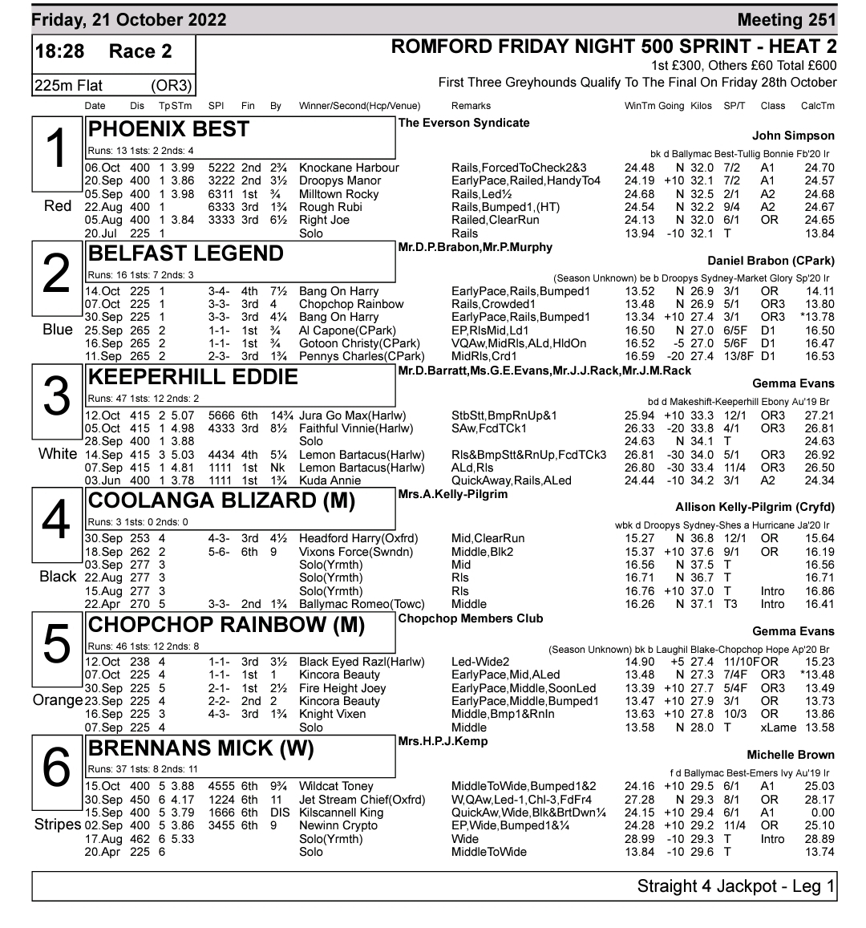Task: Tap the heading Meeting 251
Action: [787, 20]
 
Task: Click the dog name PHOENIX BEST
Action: [168, 130]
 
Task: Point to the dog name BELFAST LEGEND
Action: [185, 254]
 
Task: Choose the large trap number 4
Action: [55, 520]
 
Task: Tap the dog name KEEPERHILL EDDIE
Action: [192, 378]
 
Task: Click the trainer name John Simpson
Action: [793, 136]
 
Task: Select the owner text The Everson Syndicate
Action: [464, 123]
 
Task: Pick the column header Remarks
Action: [471, 106]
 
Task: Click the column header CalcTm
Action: [817, 106]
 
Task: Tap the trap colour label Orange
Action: [58, 701]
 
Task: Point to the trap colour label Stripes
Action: [58, 825]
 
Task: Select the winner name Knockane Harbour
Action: [349, 168]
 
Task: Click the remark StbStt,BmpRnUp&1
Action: [504, 416]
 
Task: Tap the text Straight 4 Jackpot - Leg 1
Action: [735, 886]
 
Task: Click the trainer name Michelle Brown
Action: [790, 755]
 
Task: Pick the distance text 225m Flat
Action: [68, 85]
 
